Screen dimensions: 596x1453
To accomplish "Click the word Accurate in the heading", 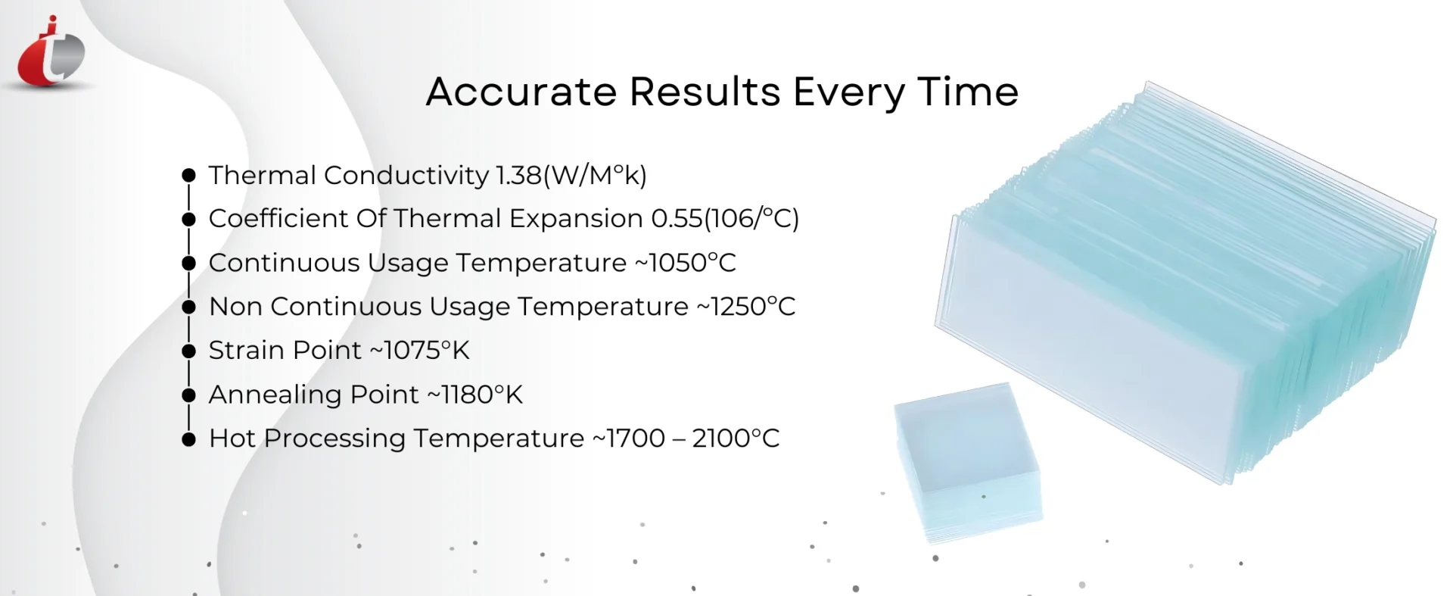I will point(521,92).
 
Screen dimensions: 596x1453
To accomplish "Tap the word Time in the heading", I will point(968,92).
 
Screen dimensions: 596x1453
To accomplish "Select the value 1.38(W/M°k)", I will point(571,176).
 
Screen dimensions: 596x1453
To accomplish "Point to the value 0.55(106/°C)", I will point(725,219).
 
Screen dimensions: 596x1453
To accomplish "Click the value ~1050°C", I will point(685,263).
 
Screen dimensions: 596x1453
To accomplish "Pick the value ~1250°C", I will point(745,307).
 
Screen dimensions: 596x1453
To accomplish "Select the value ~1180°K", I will point(474,395).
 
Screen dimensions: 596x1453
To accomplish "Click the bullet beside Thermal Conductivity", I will point(189,176).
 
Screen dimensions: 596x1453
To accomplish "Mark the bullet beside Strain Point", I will point(189,351).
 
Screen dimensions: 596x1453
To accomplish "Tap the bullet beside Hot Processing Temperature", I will point(189,439).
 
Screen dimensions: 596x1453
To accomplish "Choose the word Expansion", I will point(576,220).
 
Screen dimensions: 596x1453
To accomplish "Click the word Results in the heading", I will point(705,92).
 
